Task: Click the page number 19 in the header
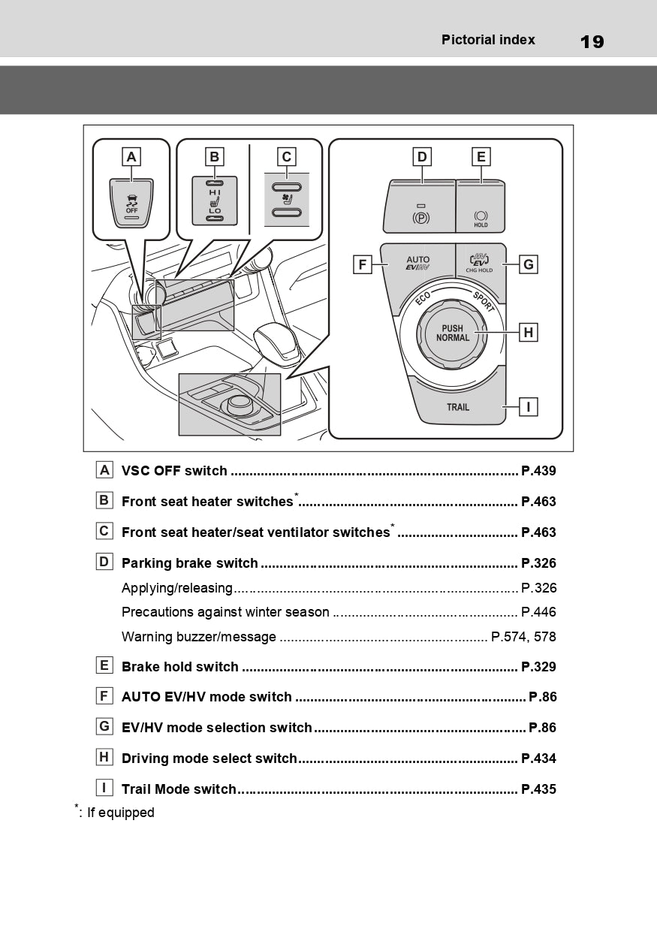[x=592, y=42]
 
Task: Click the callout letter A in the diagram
[x=131, y=156]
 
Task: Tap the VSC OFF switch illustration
[x=131, y=201]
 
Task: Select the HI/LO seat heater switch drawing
[x=215, y=201]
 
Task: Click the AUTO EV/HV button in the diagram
[x=417, y=264]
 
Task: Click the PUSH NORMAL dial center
[x=453, y=333]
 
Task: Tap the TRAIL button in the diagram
[x=458, y=406]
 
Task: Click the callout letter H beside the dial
[x=528, y=332]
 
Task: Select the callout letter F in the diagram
[x=363, y=264]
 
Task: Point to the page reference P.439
[x=538, y=471]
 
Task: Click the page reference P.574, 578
[x=523, y=637]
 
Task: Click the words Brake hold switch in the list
[x=180, y=667]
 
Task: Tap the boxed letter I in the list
[x=104, y=788]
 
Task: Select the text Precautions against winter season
[x=225, y=612]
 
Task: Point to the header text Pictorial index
[x=488, y=41]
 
